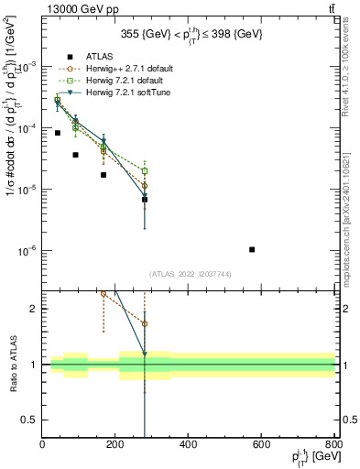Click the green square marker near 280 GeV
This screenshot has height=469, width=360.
point(145,170)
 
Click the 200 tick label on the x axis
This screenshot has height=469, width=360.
point(115,446)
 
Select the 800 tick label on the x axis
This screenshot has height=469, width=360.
point(333,446)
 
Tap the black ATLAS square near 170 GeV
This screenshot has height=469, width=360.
point(104,175)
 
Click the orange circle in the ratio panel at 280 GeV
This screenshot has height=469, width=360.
point(145,324)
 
